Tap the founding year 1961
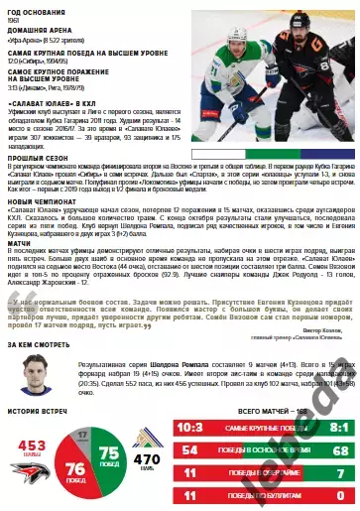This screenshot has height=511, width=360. pos(14,19)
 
